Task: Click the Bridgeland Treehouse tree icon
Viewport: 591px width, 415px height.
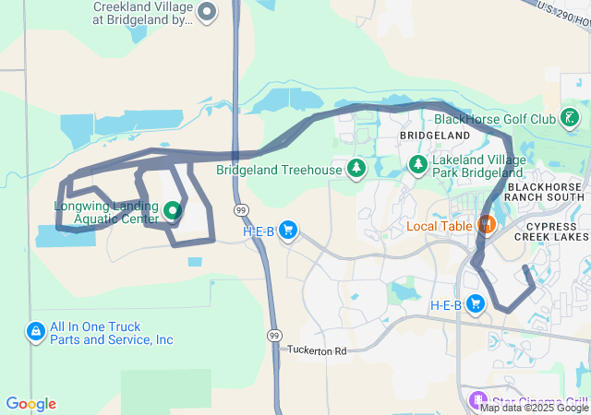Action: [x=356, y=169]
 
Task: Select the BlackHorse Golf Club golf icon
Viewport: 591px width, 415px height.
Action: [x=572, y=118]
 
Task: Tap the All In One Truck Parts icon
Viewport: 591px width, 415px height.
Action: [x=35, y=331]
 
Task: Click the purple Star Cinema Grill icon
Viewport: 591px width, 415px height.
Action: [x=477, y=400]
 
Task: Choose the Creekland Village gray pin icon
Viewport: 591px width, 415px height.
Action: [x=207, y=13]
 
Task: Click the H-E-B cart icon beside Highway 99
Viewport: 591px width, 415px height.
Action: [x=288, y=230]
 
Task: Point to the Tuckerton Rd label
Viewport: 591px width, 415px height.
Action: [x=317, y=351]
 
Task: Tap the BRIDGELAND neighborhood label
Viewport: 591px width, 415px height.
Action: [x=428, y=136]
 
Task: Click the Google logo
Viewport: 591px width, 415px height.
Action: [x=30, y=404]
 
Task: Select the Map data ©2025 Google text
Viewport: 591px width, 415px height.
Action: [x=534, y=408]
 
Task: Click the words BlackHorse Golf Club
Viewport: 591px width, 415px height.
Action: [x=494, y=120]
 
